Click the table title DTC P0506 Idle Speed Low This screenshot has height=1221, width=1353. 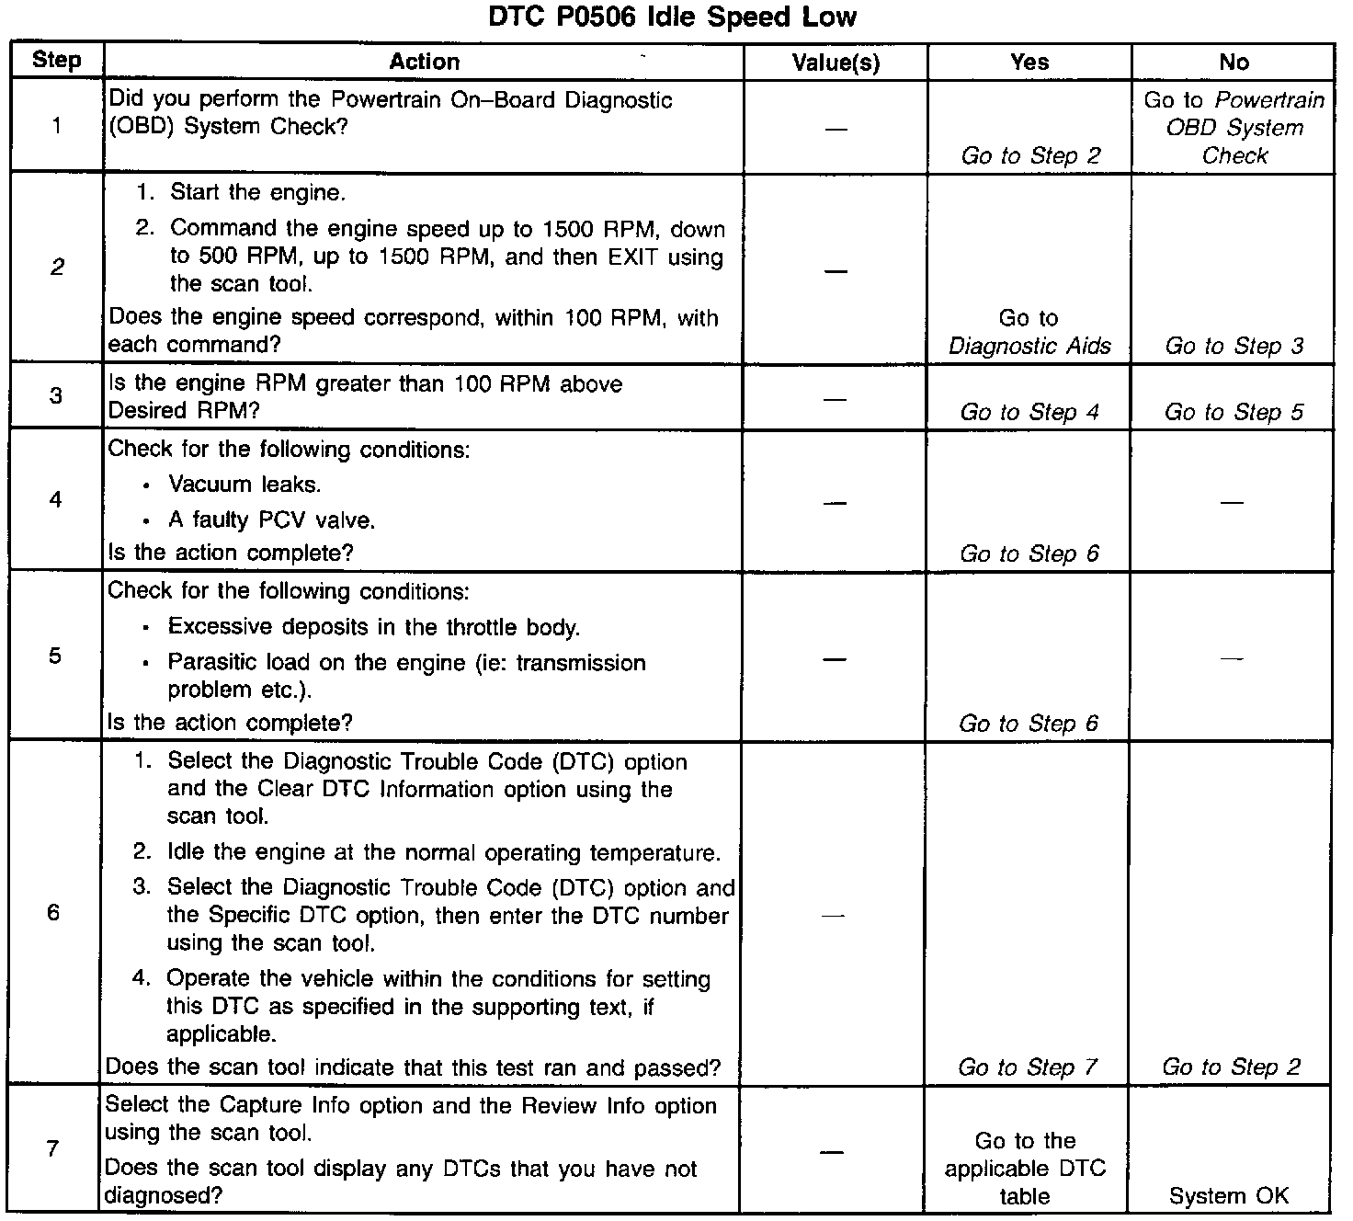coord(672,17)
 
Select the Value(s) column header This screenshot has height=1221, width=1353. coord(836,63)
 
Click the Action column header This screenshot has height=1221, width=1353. coord(424,62)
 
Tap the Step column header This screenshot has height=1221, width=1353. coord(57,61)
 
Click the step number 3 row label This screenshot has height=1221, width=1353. coord(56,396)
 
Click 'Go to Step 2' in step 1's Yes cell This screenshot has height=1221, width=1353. coord(1030,155)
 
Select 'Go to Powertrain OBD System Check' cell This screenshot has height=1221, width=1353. coord(1234,127)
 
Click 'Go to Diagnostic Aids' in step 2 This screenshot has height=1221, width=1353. coord(1029,332)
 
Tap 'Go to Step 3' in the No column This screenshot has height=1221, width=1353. coord(1234,346)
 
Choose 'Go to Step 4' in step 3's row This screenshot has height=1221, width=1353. coord(1029,412)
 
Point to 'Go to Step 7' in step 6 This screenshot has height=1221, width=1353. coord(1028,1067)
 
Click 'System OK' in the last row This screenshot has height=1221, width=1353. coord(1229,1195)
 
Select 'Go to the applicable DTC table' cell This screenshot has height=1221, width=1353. coord(1026,1168)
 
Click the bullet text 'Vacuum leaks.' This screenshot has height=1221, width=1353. coord(244,485)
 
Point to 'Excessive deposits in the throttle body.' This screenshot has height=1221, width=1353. coord(373,627)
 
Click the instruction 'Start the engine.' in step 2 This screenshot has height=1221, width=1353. coord(257,193)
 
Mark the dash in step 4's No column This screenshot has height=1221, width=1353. coord(1232,502)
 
